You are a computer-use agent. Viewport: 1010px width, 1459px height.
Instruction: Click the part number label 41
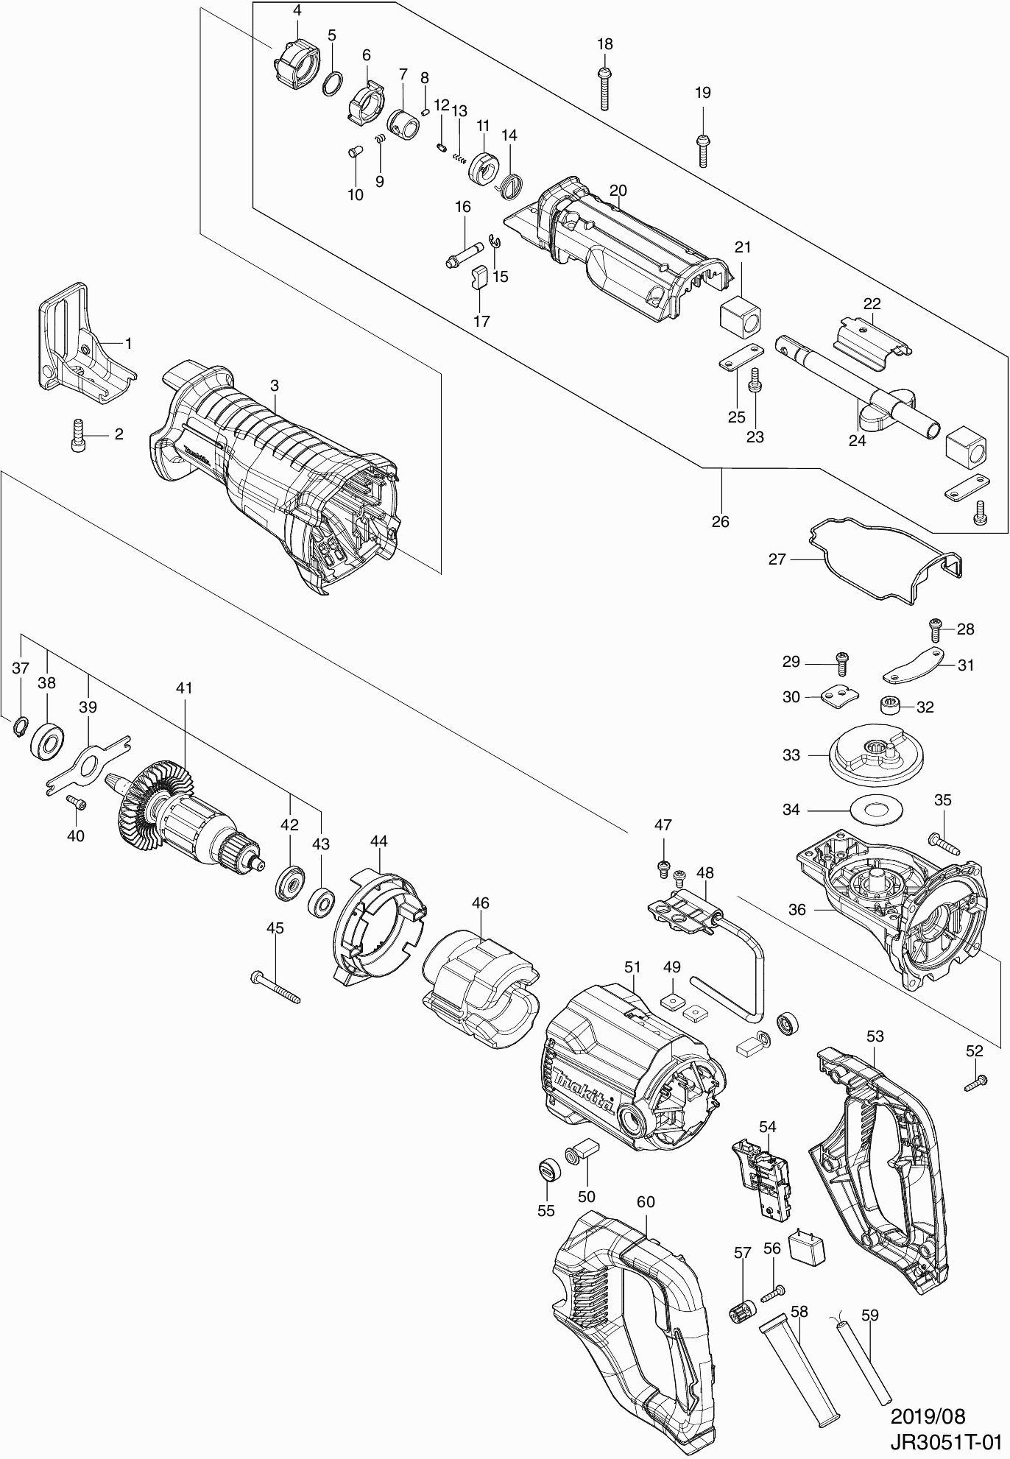(184, 688)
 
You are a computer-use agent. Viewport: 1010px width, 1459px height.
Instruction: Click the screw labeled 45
(275, 986)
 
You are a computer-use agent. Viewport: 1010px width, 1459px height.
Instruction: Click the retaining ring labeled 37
(20, 727)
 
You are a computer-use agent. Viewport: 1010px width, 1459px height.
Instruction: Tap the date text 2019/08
(928, 1416)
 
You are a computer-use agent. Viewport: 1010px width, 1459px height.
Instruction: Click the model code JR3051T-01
(944, 1441)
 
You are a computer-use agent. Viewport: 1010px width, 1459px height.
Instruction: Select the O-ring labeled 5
(333, 84)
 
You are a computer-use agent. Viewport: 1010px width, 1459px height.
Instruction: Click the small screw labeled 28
(935, 628)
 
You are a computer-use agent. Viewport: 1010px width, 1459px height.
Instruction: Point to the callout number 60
(646, 1201)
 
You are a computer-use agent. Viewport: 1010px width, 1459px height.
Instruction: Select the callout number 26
(720, 521)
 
